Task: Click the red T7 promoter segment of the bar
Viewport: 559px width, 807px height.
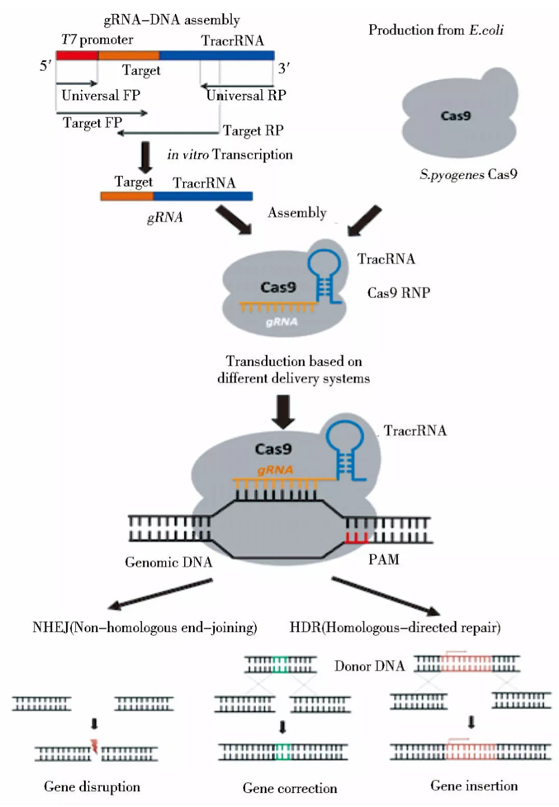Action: [77, 55]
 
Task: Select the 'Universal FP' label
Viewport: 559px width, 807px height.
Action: [100, 95]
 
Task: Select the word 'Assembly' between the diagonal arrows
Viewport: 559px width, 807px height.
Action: [297, 213]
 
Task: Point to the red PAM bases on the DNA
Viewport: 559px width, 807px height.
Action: [358, 539]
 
